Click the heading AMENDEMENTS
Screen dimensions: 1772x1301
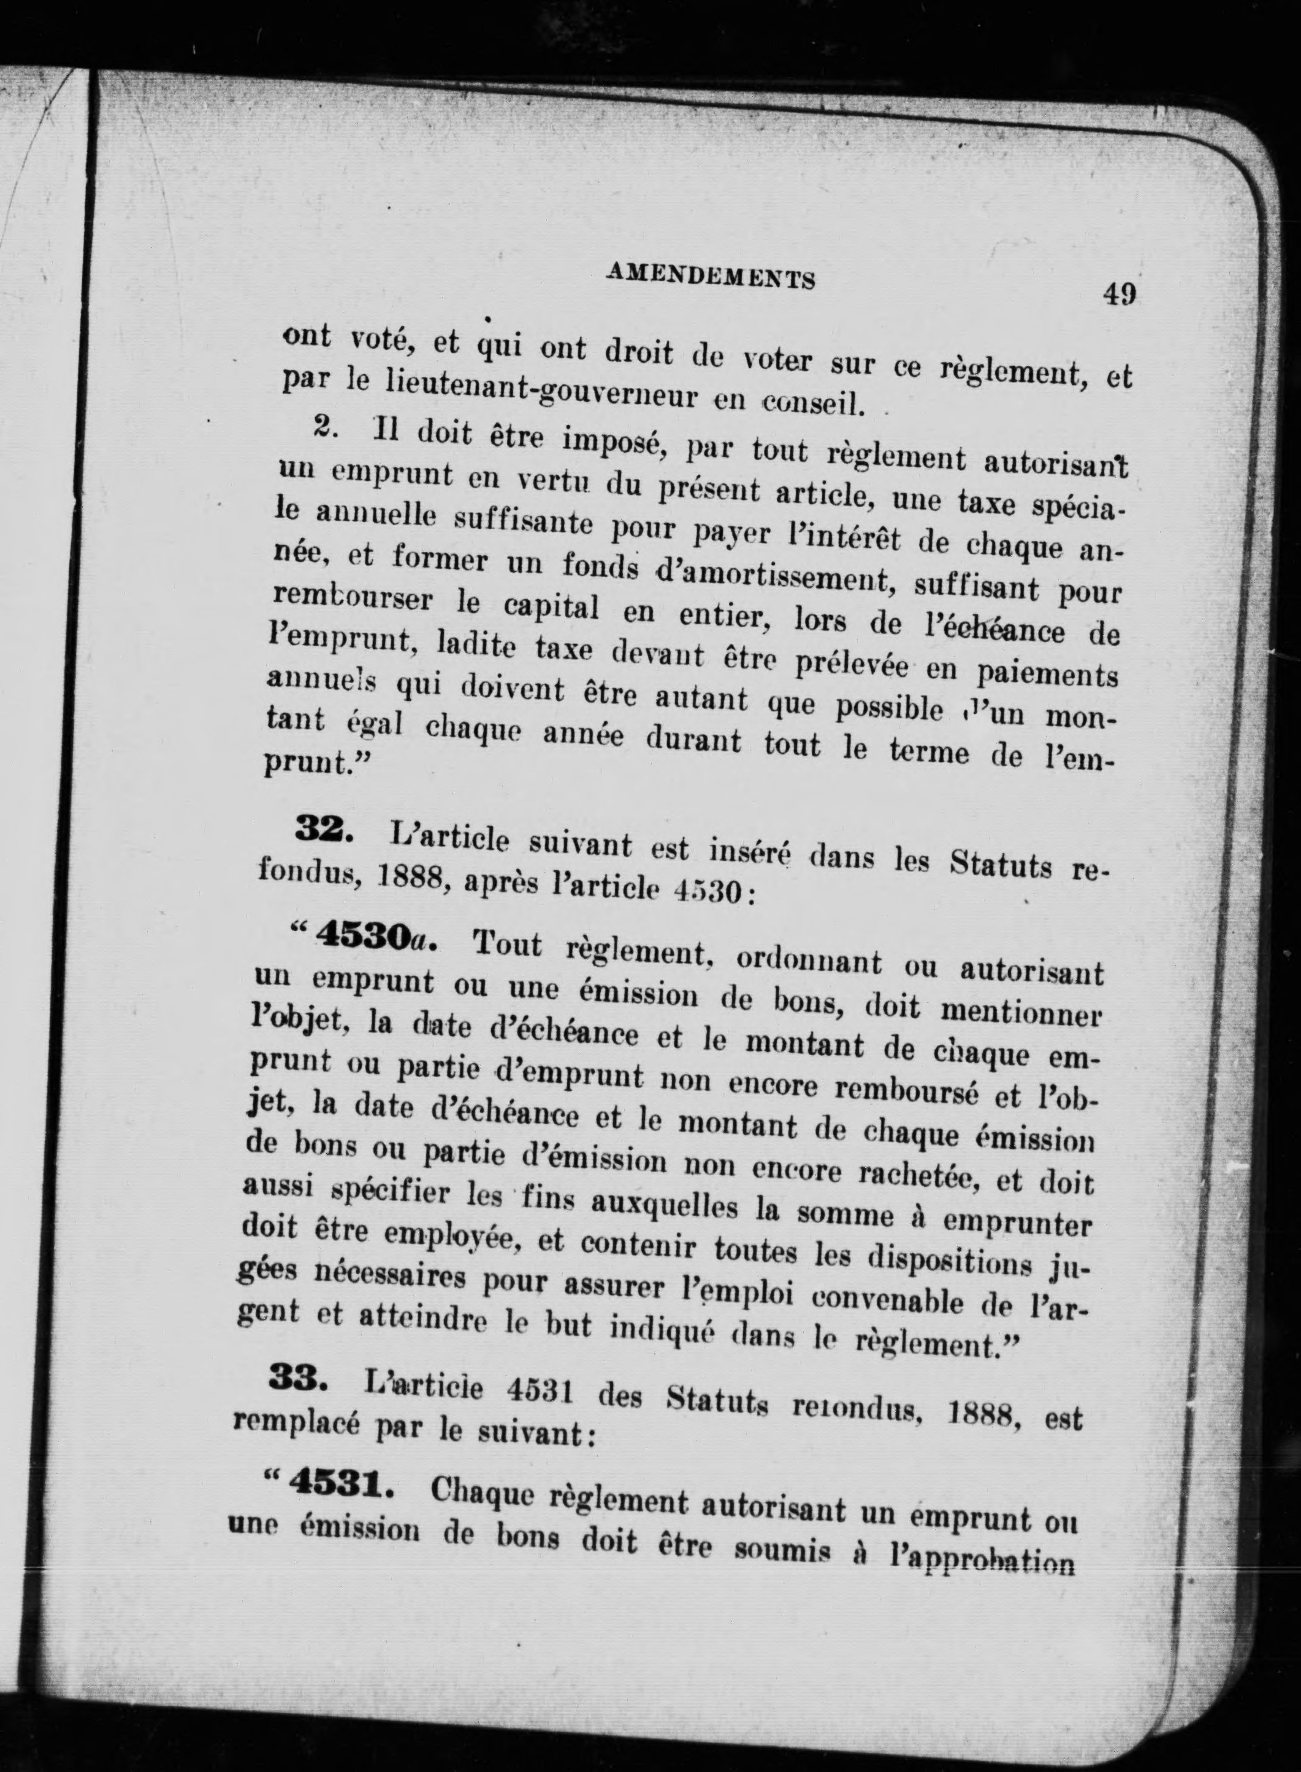[x=711, y=277]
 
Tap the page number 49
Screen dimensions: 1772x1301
[x=1119, y=294]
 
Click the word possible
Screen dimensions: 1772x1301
[x=889, y=710]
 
